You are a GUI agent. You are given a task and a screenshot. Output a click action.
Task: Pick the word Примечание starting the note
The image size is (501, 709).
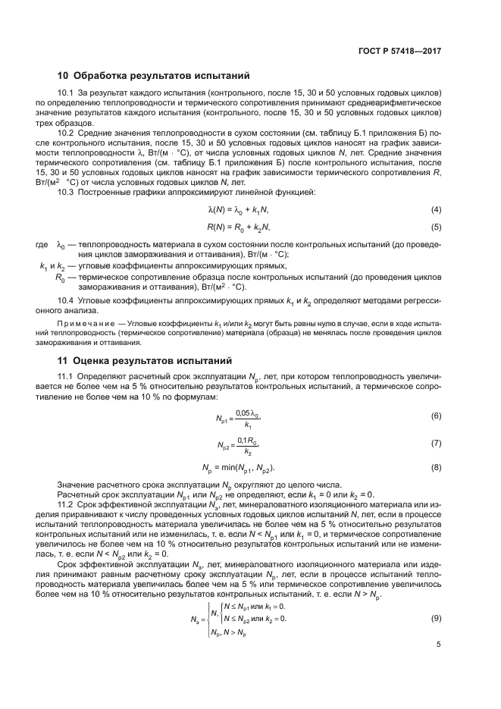click(x=83, y=325)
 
